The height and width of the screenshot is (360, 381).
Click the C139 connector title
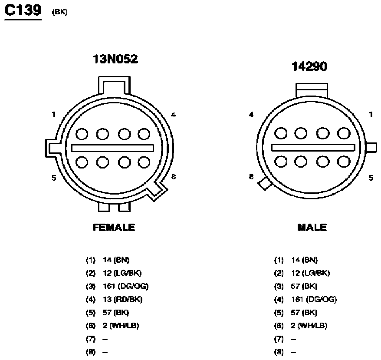[x=23, y=10]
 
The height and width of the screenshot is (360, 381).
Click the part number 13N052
[x=115, y=59]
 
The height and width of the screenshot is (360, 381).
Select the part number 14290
[x=309, y=66]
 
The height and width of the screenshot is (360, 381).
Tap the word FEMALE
[x=114, y=228]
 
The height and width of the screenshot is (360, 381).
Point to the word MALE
[x=312, y=228]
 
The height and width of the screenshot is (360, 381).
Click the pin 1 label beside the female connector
[x=54, y=114]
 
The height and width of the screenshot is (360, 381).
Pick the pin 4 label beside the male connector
[x=251, y=115]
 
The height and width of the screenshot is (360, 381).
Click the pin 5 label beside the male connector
[x=371, y=178]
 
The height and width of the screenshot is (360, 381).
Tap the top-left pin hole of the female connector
[x=82, y=134]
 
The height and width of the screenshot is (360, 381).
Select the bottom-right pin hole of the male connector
[x=344, y=162]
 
